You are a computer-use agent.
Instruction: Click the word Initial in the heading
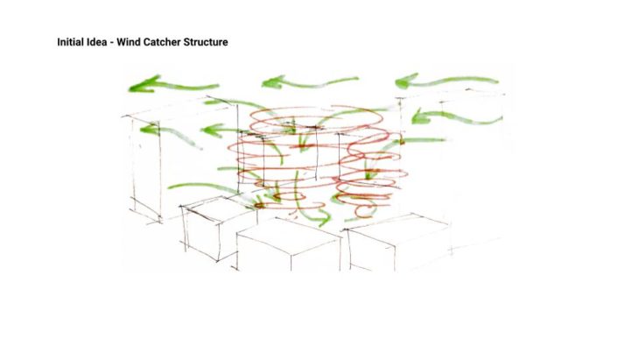pyautogui.click(x=69, y=42)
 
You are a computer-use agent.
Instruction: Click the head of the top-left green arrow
pyautogui.click(x=144, y=84)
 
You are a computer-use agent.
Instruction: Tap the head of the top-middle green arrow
pyautogui.click(x=272, y=82)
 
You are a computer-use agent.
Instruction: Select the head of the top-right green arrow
pyautogui.click(x=405, y=81)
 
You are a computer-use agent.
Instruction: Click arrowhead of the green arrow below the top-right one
pyautogui.click(x=420, y=116)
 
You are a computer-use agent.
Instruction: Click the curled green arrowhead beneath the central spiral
pyautogui.click(x=324, y=218)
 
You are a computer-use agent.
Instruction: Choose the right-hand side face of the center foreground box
pyautogui.click(x=316, y=256)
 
